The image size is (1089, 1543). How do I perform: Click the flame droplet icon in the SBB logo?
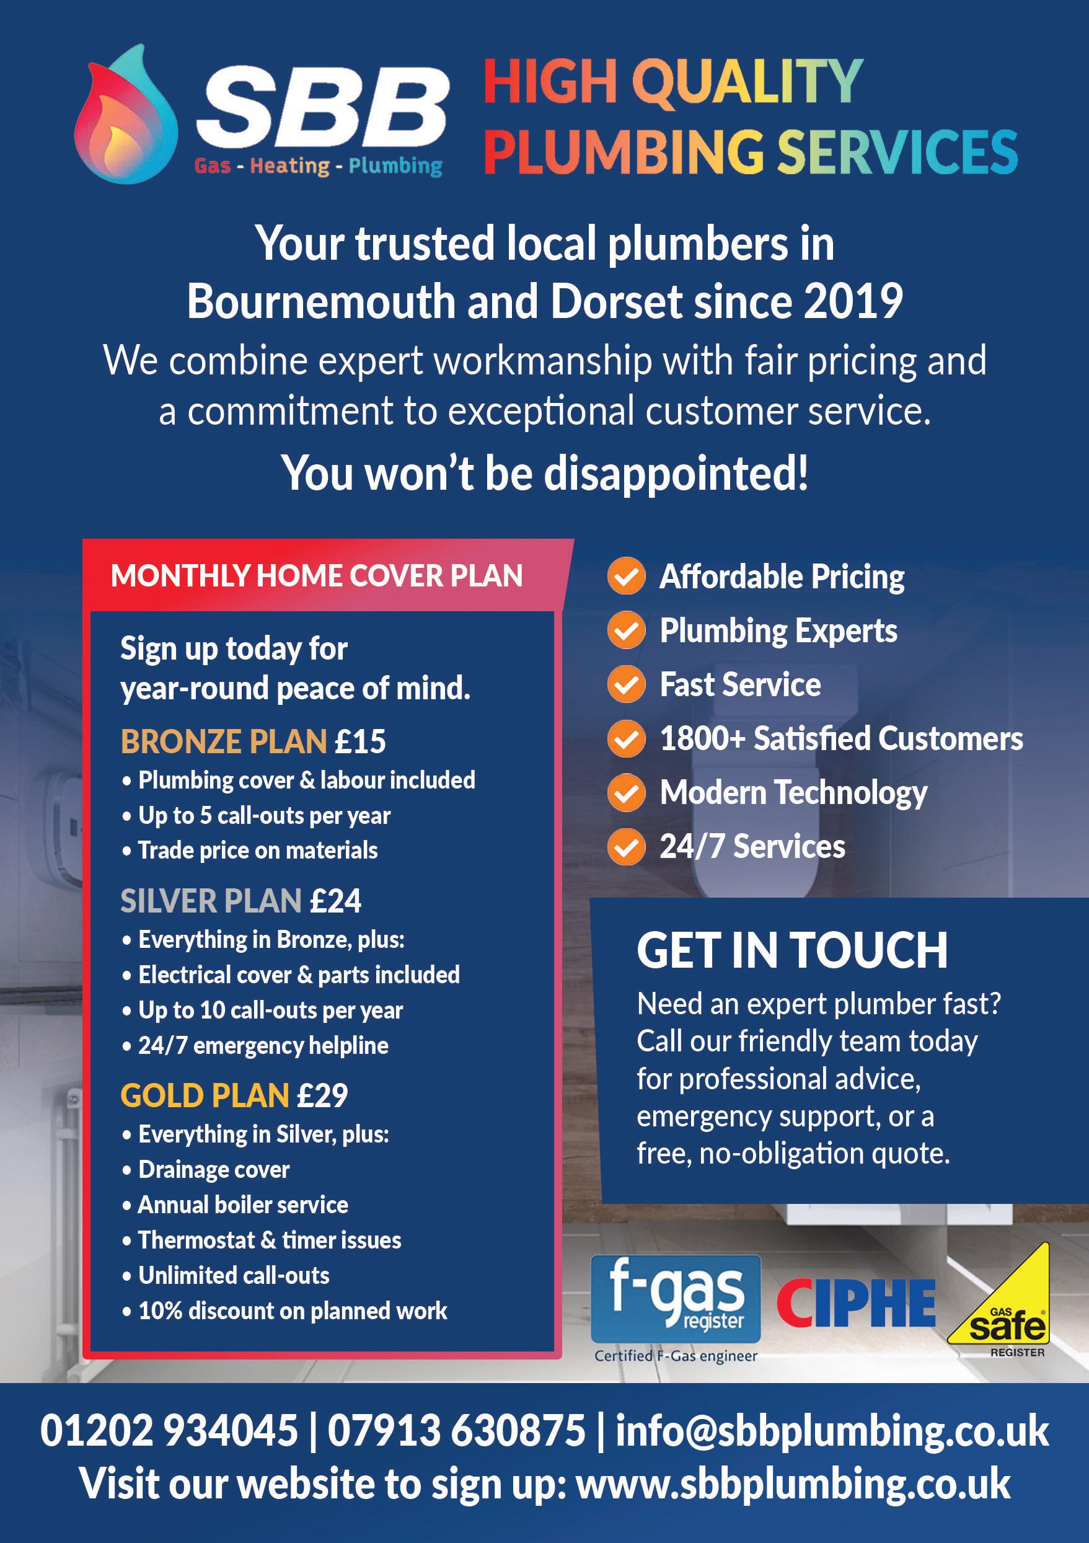pos(126,115)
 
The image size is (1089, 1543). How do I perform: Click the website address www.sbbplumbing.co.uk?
pos(793,1483)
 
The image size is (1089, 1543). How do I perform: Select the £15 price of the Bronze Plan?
pos(360,741)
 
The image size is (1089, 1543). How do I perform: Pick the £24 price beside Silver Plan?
pos(335,901)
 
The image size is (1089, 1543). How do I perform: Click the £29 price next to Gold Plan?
pos(322,1095)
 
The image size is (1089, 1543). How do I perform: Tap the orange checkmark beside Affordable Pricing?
pos(626,577)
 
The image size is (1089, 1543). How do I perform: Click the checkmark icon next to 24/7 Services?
pos(626,847)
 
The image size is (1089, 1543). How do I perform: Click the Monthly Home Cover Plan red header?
pos(317,576)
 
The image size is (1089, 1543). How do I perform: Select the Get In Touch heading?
pos(792,950)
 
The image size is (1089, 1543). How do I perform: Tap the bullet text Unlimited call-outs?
pos(233,1276)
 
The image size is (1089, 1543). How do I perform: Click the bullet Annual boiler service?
pos(242,1205)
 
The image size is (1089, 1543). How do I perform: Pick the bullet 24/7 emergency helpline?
pos(263,1046)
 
